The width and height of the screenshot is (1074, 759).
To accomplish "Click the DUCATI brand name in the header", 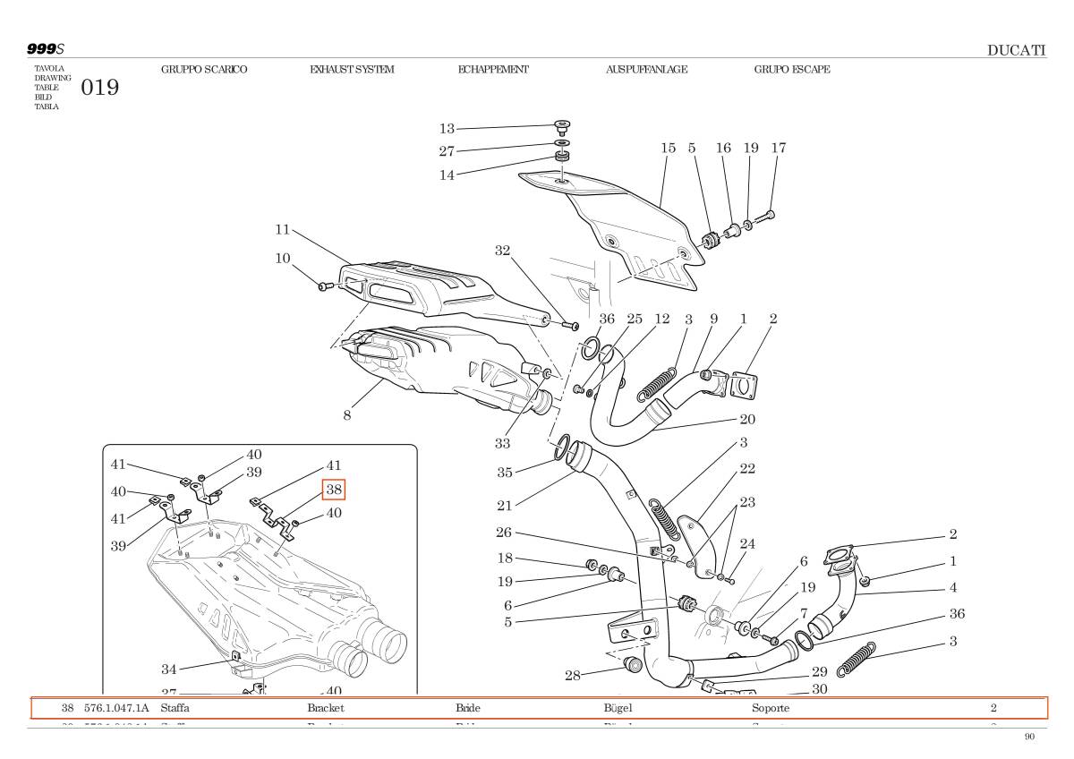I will (1016, 50).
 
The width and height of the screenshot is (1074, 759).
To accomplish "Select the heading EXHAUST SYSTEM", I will (352, 70).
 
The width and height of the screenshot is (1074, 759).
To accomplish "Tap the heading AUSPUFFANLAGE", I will (646, 70).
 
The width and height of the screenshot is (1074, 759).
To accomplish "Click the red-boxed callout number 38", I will (334, 490).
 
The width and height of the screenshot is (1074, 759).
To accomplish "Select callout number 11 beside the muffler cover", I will (283, 230).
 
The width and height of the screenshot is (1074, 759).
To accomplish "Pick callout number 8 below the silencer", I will (346, 414).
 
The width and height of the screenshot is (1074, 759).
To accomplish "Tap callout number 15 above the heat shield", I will (669, 149).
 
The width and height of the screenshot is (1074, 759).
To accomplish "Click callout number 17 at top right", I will (778, 149).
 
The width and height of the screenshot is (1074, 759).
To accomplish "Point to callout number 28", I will (573, 675).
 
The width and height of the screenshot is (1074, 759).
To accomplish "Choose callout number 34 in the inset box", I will (169, 669).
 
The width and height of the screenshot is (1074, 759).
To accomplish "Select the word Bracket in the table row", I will (326, 708).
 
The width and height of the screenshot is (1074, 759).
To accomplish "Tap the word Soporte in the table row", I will (771, 708).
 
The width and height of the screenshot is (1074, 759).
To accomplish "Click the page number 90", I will (1029, 737).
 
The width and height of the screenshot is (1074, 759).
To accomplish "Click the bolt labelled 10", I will (326, 286).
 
